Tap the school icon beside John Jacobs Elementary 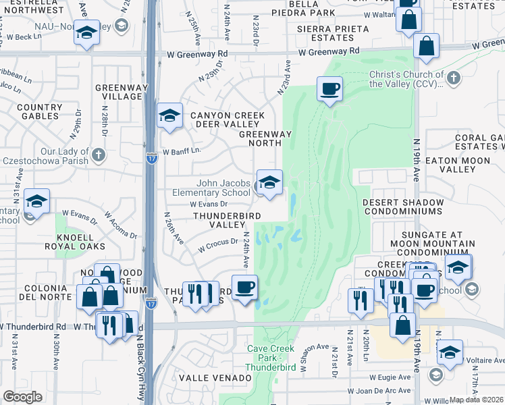click(269, 183)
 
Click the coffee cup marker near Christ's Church click(329, 89)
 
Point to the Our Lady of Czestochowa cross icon click(99, 155)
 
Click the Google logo click(22, 397)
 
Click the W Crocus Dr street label click(218, 246)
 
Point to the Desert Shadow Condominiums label click(402, 207)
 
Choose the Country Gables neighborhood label click(38, 111)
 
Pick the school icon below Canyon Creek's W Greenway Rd click(169, 115)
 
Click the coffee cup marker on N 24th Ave click(244, 287)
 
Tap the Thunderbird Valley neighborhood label click(219, 219)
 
